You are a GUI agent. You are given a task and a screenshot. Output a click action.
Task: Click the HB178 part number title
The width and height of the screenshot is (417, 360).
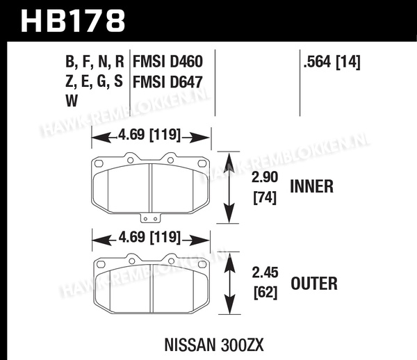click(x=72, y=21)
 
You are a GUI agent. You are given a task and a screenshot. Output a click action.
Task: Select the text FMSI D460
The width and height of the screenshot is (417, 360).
click(x=167, y=62)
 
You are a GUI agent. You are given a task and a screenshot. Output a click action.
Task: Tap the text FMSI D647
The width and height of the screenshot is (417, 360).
click(x=167, y=81)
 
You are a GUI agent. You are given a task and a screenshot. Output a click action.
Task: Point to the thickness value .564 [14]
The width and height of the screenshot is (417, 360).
click(x=332, y=63)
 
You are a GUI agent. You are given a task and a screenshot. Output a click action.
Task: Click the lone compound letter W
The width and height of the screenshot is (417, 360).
click(x=72, y=101)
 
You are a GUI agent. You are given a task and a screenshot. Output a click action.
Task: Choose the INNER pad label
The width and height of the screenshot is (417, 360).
click(x=311, y=186)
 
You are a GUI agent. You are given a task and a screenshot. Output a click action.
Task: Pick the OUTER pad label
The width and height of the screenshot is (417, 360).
click(x=314, y=283)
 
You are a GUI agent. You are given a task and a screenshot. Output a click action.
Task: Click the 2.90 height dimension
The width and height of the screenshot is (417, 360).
click(x=265, y=177)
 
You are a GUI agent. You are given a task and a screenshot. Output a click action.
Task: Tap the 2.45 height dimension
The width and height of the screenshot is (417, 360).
click(x=265, y=272)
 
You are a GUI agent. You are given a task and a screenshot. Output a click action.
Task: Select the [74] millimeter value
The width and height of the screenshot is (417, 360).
click(x=265, y=197)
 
